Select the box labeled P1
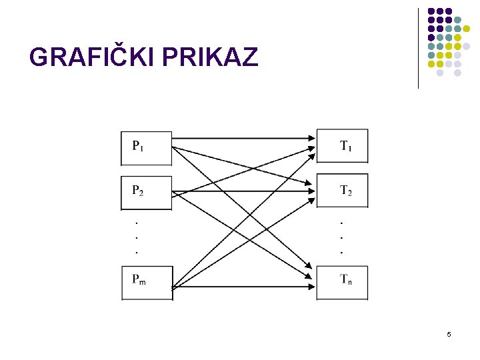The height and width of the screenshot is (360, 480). (x=146, y=147)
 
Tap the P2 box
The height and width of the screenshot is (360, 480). (x=146, y=192)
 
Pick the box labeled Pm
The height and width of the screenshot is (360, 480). (x=147, y=283)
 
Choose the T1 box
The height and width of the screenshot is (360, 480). (x=342, y=146)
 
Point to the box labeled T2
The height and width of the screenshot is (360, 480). (x=342, y=191)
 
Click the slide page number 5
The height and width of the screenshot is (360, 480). (x=449, y=334)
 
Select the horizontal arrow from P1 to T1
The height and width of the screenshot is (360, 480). (x=243, y=138)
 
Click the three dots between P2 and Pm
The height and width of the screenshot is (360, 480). (x=137, y=235)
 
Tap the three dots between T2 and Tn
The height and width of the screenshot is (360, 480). (x=341, y=236)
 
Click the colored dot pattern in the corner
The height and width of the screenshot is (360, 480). (x=449, y=41)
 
